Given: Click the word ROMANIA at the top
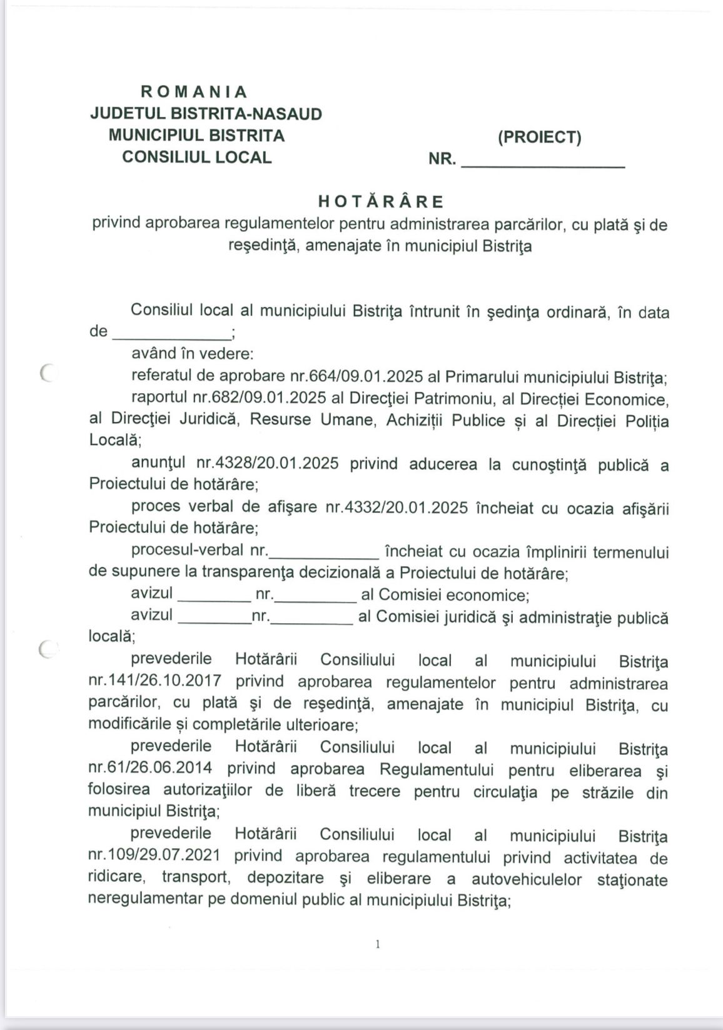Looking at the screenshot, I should [194, 92].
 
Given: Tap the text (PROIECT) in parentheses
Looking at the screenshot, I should [539, 137].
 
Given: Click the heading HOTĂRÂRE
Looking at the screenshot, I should [381, 201].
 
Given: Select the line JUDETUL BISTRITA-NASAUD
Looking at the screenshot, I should [206, 114].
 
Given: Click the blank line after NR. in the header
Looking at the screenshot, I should [542, 164].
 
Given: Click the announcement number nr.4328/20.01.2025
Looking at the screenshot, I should [268, 464].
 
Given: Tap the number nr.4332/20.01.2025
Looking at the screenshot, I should [396, 507].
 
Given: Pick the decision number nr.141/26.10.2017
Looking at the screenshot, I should [154, 682].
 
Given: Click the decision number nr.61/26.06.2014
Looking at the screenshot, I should [150, 769].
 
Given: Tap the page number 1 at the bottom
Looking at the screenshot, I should [377, 944].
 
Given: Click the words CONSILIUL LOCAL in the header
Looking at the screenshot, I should [196, 157].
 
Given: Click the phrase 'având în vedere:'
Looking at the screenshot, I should [192, 354].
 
